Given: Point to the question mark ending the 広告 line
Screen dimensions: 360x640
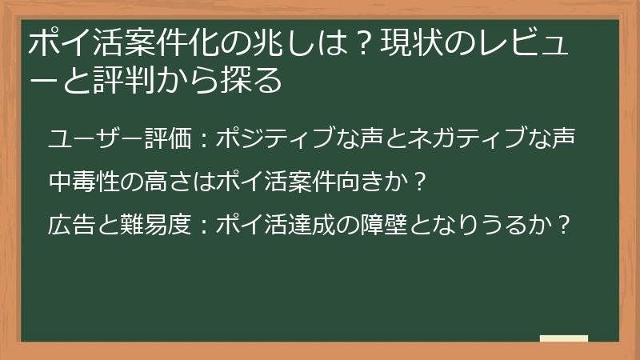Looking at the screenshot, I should (563, 225).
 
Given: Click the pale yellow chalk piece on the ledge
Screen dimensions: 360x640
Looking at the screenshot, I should (564, 338).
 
